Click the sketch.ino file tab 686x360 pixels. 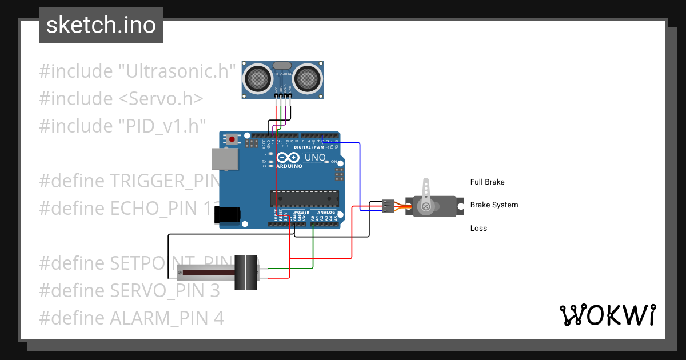point(101,25)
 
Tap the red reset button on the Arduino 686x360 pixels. point(232,139)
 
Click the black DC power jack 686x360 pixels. point(227,215)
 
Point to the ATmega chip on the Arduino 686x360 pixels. point(303,198)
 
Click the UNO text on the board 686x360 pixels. point(314,158)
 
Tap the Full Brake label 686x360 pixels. point(487,182)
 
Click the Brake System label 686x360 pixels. point(494,205)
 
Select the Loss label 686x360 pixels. point(478,229)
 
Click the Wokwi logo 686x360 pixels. point(607,315)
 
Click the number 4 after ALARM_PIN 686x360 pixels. point(219,318)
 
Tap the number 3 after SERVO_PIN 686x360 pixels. point(214,290)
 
